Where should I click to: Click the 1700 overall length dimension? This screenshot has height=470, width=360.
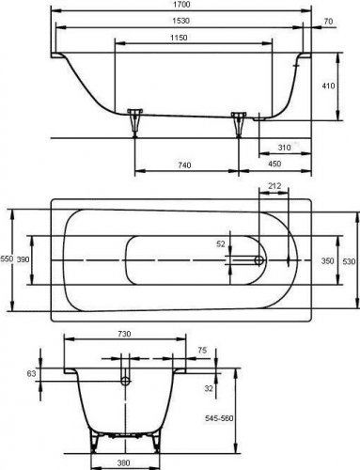pyautogui.click(x=181, y=4)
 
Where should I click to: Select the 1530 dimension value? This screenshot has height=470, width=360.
pyautogui.click(x=180, y=21)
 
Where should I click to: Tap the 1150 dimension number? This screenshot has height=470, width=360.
pyautogui.click(x=179, y=38)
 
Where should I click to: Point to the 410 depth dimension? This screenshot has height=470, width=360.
pyautogui.click(x=328, y=86)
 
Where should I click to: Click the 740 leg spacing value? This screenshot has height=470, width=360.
pyautogui.click(x=184, y=164)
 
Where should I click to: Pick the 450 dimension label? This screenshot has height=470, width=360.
pyautogui.click(x=274, y=164)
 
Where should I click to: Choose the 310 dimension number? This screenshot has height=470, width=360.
pyautogui.click(x=284, y=148)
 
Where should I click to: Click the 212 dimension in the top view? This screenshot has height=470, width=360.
pyautogui.click(x=274, y=186)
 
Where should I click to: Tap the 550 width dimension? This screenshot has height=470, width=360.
pyautogui.click(x=7, y=258)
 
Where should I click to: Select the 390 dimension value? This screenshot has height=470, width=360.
pyautogui.click(x=23, y=259)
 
